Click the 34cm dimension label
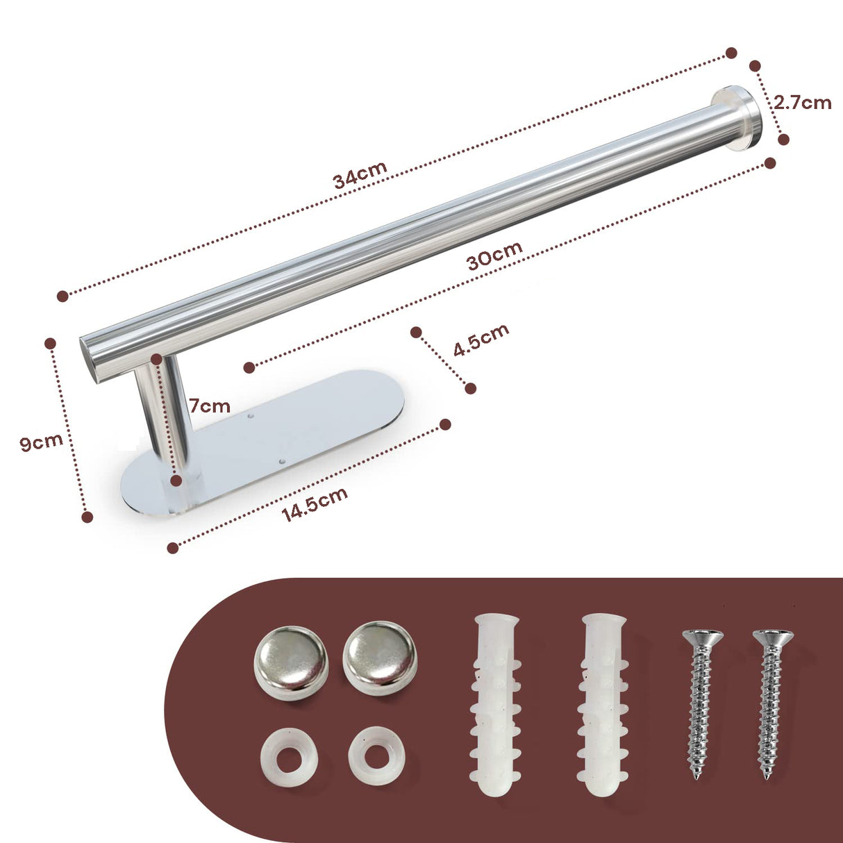click(360, 175)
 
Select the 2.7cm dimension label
click(803, 103)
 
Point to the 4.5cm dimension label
click(481, 340)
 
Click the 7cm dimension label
click(210, 406)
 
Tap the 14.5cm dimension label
click(315, 505)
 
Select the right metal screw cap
click(380, 658)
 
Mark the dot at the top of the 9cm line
click(50, 343)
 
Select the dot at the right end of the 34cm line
click(731, 53)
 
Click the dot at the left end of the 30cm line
click(249, 367)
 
